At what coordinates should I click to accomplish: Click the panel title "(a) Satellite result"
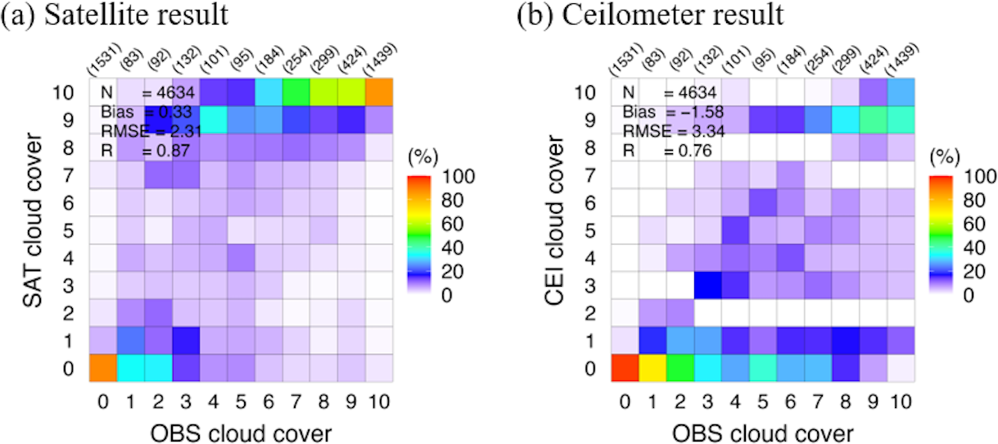point(115,16)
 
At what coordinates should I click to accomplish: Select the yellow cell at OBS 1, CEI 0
point(654,369)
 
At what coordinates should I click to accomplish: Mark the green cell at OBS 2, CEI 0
point(682,369)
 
